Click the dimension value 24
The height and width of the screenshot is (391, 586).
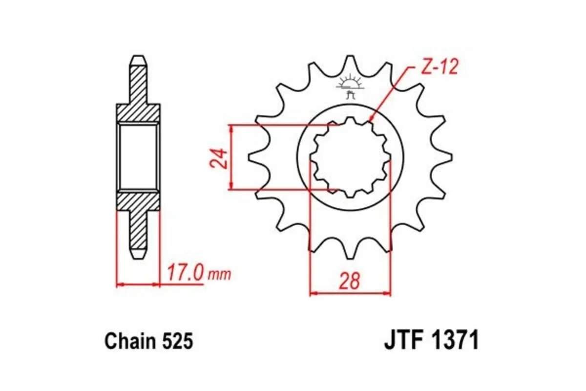click(220, 157)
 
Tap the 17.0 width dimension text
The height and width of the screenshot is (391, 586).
click(185, 272)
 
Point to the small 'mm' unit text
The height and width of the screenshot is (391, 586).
click(219, 274)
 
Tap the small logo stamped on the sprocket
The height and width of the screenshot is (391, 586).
click(351, 86)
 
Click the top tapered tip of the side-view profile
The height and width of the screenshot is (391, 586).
click(138, 60)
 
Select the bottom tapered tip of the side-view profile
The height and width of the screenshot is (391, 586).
click(138, 255)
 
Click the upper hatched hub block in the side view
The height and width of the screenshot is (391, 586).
click(138, 113)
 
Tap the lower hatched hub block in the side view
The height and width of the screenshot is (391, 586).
click(138, 201)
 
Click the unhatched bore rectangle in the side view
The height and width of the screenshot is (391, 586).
click(138, 157)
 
